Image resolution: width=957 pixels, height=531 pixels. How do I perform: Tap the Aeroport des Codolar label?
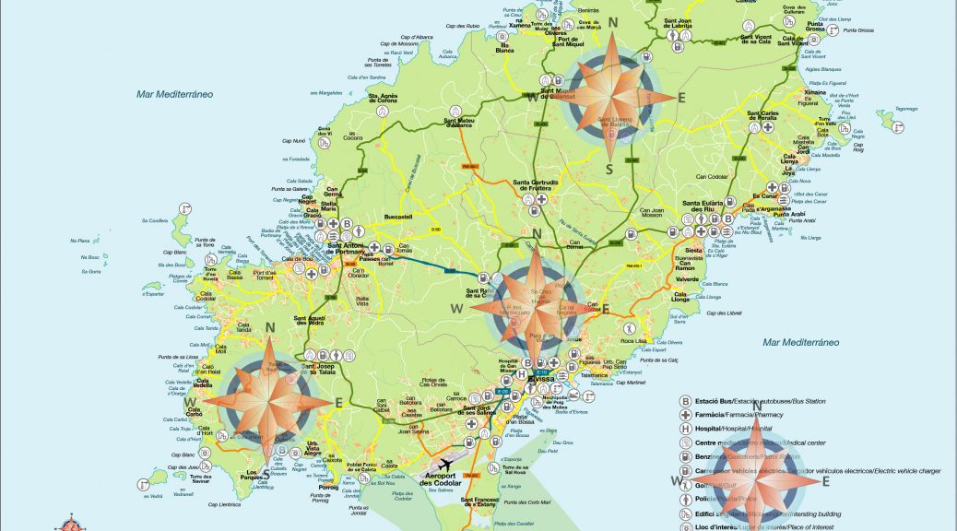click(440, 480)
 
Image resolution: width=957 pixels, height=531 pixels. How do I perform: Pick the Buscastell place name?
click(398, 217)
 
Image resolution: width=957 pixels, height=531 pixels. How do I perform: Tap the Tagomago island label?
click(907, 108)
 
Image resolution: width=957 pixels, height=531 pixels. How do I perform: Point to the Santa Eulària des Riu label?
click(703, 206)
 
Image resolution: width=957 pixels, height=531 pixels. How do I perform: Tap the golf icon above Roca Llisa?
click(630, 328)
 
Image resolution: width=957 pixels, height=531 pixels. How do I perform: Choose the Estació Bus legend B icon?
click(686, 401)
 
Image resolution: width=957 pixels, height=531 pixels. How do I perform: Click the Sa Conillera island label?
click(155, 220)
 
